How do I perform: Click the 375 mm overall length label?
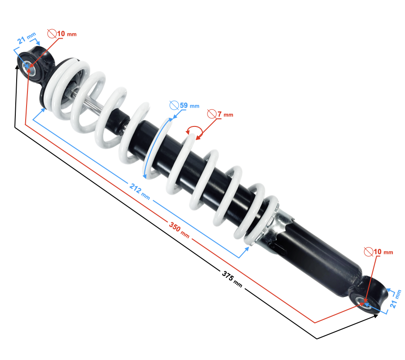coord(232,279)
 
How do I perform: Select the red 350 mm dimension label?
coord(179,230)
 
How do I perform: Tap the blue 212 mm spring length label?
coord(139,191)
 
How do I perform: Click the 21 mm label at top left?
coord(27,38)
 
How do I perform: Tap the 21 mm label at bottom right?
coord(396,299)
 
